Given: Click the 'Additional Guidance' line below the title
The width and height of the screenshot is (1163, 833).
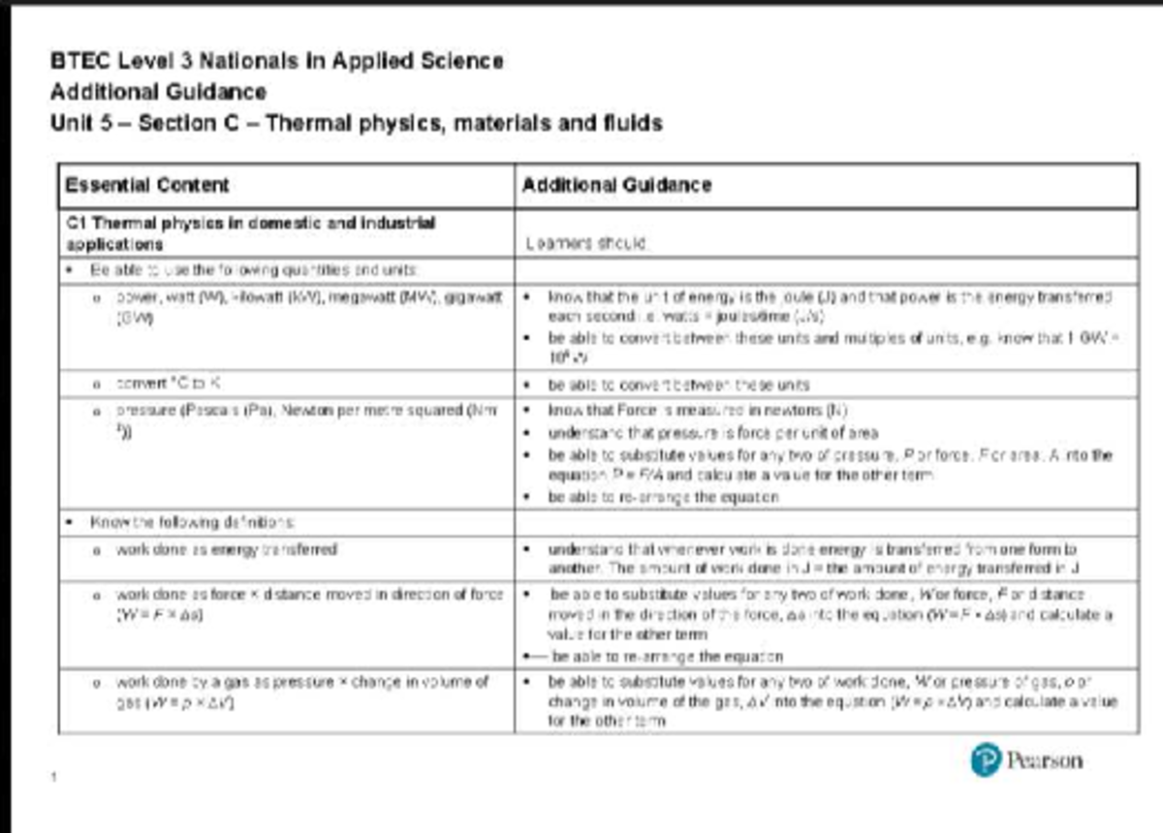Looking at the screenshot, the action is click(158, 92).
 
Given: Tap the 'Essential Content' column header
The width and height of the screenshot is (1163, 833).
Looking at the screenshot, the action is click(146, 185).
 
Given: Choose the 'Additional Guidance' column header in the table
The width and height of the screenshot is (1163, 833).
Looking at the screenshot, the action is click(616, 185).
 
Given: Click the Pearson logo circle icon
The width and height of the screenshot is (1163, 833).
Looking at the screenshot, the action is click(985, 759).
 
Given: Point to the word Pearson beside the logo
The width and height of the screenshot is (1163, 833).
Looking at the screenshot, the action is click(1044, 760).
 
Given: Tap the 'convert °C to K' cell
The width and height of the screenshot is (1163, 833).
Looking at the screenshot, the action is click(174, 384).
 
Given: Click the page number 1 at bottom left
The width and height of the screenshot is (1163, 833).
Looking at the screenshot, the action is click(54, 776).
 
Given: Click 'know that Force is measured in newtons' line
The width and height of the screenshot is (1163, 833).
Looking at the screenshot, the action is click(698, 411).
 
